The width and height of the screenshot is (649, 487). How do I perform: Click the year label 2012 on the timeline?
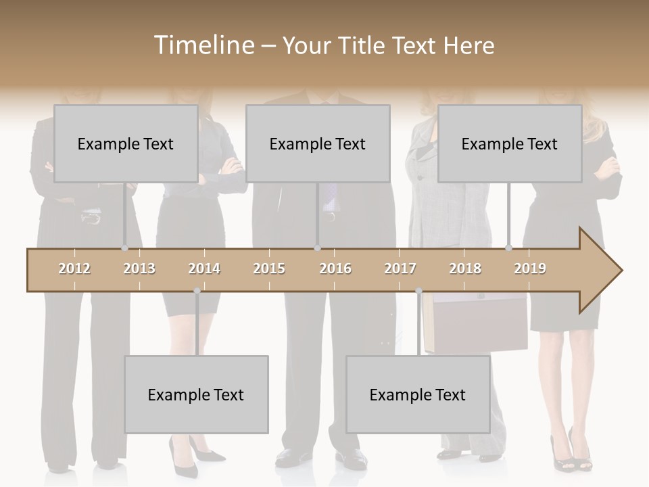[74, 269]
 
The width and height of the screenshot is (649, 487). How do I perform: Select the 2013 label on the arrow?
[139, 269]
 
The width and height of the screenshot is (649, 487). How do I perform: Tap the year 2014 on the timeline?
[204, 269]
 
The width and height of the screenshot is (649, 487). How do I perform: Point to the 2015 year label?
[269, 269]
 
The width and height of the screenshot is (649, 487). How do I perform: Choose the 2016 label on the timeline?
[335, 269]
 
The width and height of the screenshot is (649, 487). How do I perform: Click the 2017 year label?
[400, 269]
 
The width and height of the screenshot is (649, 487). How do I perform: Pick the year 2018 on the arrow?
[465, 269]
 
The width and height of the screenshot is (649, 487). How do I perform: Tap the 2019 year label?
[530, 269]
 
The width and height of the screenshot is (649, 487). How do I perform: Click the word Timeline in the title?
[202, 45]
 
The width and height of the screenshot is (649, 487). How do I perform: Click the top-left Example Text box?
[126, 143]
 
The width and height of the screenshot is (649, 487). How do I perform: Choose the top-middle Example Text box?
[318, 143]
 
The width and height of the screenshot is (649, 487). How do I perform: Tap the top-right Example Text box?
[510, 143]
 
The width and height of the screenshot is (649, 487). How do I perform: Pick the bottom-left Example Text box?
[196, 394]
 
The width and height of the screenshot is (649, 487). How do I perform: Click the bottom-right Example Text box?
[418, 394]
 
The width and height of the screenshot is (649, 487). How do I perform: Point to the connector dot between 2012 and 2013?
[124, 248]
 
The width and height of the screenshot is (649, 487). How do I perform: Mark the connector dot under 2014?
[197, 291]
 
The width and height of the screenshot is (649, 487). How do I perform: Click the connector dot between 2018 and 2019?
[508, 248]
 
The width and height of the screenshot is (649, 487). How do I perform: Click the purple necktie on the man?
[329, 196]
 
